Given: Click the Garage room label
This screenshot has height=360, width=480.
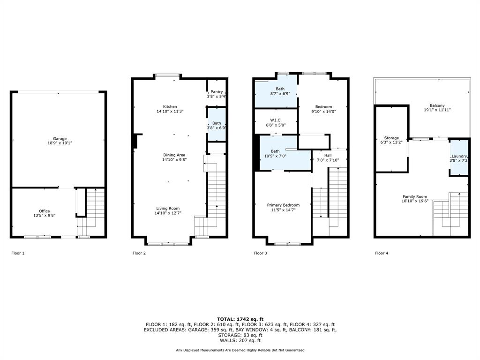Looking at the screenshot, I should [60, 139].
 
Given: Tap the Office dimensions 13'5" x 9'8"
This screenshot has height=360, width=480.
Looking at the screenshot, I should [45, 216].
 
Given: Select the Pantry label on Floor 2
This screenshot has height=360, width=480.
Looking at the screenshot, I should [217, 92].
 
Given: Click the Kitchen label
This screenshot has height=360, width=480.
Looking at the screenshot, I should [170, 107].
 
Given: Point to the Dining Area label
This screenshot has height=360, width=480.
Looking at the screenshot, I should [174, 155].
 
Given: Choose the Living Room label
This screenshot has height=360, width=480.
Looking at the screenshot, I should [168, 209].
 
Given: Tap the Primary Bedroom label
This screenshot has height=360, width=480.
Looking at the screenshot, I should [283, 205].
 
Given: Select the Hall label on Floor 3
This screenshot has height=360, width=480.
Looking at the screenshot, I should [328, 155].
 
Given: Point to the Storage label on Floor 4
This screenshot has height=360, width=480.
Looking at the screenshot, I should [392, 138].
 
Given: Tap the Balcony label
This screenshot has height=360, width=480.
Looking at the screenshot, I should [437, 106].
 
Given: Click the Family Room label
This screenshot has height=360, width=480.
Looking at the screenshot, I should [415, 197].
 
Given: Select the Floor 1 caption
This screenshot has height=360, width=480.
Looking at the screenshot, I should [18, 253].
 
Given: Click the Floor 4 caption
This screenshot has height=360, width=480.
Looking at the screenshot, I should [382, 253].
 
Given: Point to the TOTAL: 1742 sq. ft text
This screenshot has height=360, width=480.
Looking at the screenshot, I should [240, 319].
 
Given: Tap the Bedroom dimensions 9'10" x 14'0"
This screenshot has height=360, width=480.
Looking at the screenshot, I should [323, 112].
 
